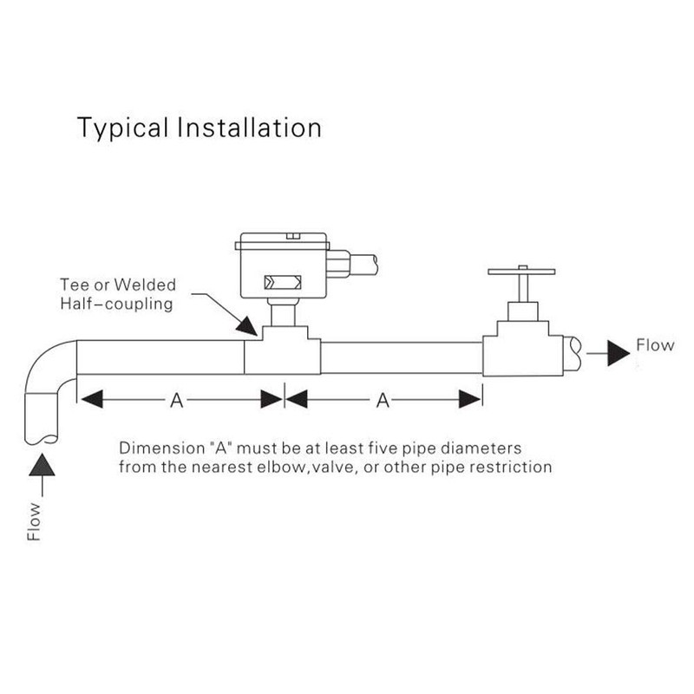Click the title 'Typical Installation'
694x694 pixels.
tap(200, 128)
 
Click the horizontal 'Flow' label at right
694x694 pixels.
tap(655, 345)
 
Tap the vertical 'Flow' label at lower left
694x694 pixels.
tap(35, 520)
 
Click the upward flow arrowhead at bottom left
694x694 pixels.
tap(40, 468)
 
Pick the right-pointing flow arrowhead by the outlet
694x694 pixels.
tap(617, 352)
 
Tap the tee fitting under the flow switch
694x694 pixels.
tap(283, 351)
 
